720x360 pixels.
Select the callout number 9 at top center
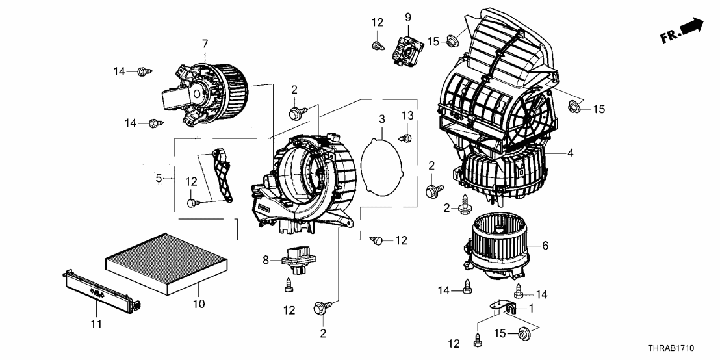coord(408,16)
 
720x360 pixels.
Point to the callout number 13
coord(407,115)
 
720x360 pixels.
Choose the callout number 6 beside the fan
coord(545,246)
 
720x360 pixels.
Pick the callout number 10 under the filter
coord(199,303)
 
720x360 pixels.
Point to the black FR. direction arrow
coord(691,27)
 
